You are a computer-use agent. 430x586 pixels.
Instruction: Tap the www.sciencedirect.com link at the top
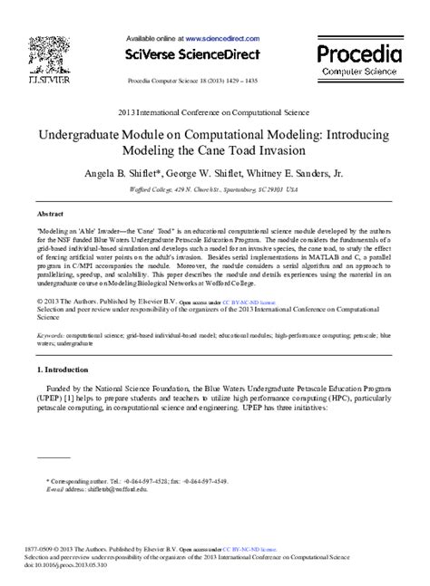pyautogui.click(x=224, y=39)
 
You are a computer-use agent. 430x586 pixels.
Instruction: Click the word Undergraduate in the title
pyautogui.click(x=88, y=131)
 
